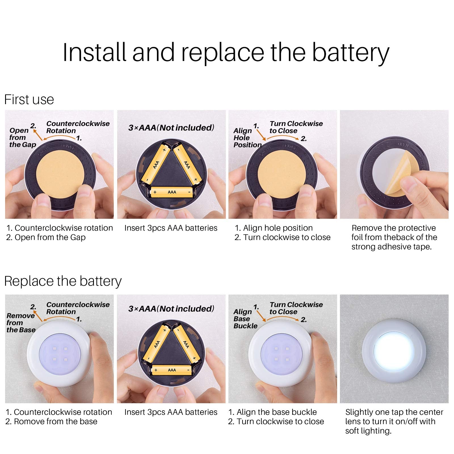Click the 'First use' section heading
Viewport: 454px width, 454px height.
29,100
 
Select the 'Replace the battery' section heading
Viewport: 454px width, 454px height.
63,281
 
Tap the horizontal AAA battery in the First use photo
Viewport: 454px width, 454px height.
172,192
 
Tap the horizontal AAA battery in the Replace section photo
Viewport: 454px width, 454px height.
172,370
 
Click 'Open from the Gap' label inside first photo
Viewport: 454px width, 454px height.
22,138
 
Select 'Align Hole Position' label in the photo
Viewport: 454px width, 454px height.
247,138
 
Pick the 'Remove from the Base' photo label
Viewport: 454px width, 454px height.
20,323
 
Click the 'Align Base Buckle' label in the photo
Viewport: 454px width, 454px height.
245,319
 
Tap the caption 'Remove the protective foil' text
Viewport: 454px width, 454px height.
394,228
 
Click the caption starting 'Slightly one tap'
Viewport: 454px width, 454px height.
394,412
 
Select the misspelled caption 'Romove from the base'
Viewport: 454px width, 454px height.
51,422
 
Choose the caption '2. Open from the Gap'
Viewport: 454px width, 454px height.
46,237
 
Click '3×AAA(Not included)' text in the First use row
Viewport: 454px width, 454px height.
171,128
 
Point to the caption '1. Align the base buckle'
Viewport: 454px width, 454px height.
272,412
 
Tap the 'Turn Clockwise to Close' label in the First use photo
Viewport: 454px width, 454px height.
296,127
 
